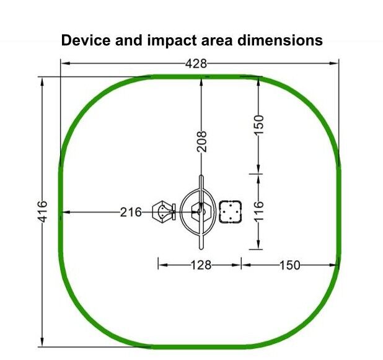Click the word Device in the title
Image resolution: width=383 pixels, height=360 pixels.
click(x=86, y=40)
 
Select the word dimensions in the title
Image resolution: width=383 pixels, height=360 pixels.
click(x=280, y=40)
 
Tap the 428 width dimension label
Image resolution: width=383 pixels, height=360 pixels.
click(x=196, y=64)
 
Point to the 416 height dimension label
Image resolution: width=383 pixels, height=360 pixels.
click(x=43, y=211)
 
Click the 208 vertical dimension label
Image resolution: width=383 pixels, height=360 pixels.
click(x=202, y=141)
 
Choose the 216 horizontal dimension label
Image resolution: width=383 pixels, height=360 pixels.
click(x=131, y=212)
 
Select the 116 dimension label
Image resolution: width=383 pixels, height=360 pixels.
click(x=259, y=211)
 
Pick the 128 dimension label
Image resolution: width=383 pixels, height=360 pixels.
click(x=201, y=265)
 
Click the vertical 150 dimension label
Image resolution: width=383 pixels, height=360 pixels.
click(x=259, y=125)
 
